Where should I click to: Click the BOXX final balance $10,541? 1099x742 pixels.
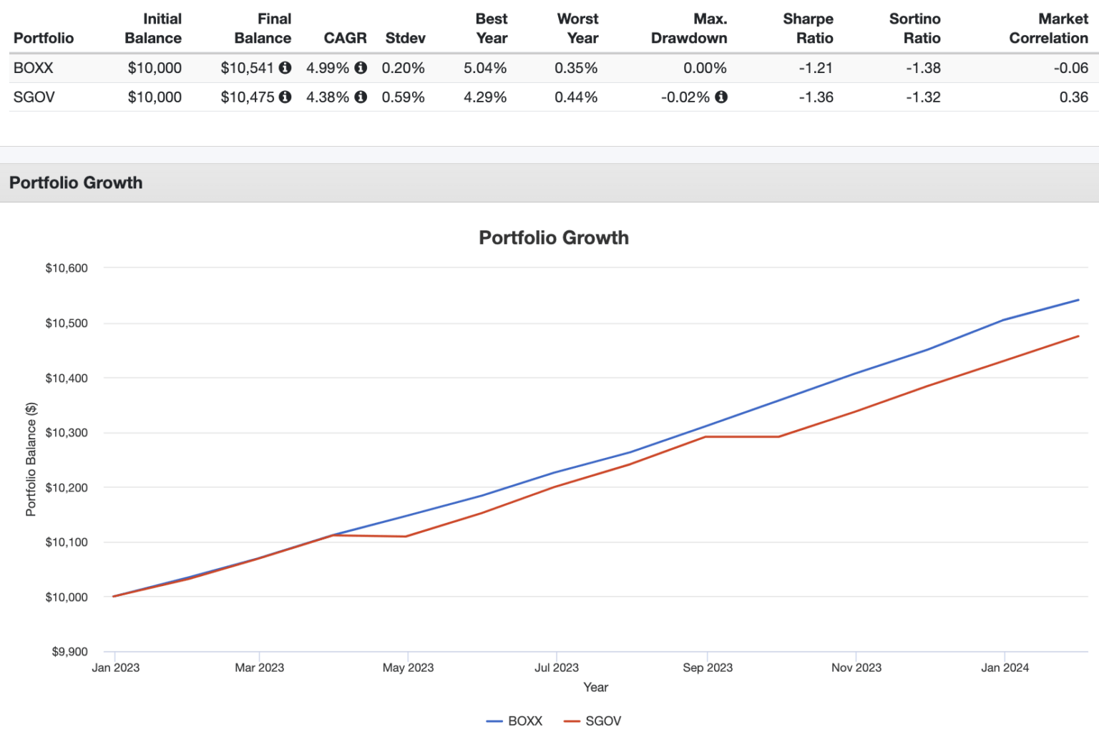(x=247, y=68)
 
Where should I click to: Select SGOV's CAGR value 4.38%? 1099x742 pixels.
(x=328, y=97)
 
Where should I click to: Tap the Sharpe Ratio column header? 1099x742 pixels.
(x=808, y=29)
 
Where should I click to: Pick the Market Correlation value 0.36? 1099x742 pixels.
(x=1073, y=97)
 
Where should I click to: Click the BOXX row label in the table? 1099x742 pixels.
(x=34, y=68)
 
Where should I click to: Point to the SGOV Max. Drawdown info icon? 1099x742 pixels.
(x=721, y=97)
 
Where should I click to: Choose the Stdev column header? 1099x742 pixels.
(x=405, y=38)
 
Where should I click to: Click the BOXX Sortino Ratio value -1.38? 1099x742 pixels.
(x=923, y=68)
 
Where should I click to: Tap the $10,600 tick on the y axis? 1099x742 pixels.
(x=67, y=268)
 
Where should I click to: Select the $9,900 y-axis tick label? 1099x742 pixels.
(x=69, y=652)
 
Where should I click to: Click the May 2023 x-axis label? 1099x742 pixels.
(x=408, y=668)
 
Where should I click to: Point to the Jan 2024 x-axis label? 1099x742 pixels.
(x=1005, y=668)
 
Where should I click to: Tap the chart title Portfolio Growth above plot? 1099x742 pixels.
(x=554, y=238)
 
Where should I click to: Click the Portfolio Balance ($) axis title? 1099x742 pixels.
(x=31, y=459)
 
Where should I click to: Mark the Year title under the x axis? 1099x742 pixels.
(x=595, y=687)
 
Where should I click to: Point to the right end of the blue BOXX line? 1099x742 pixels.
(x=1078, y=300)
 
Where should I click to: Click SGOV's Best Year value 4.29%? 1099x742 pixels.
(x=485, y=97)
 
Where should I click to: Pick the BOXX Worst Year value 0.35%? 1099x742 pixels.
(x=576, y=68)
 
